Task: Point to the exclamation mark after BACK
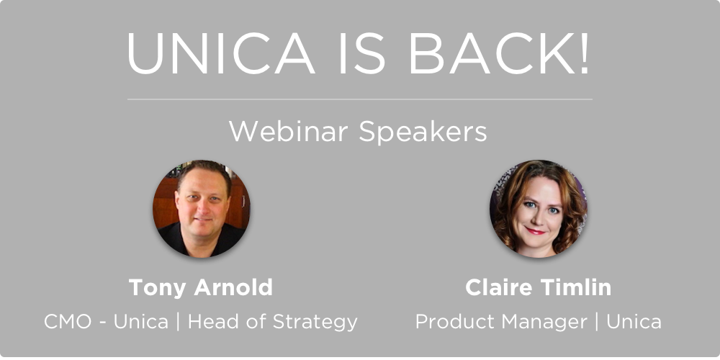[584, 53]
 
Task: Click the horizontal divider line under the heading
[359, 99]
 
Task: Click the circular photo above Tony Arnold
[201, 209]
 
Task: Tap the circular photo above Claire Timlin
[538, 209]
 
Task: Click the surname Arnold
[233, 287]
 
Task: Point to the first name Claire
[499, 287]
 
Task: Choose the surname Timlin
[576, 287]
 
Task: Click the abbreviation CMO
[68, 322]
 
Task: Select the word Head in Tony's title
[213, 321]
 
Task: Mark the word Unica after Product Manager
[634, 321]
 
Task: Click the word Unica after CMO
[141, 321]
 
